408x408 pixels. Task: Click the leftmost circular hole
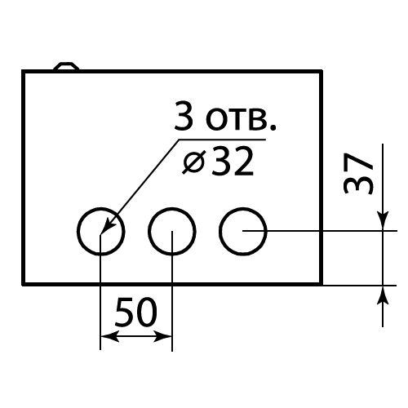[78, 232]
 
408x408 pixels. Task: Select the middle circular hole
[149, 232]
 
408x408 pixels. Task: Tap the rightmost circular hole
[220, 232]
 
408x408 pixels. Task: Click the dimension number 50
[136, 312]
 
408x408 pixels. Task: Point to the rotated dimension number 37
[358, 174]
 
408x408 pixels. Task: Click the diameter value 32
[232, 162]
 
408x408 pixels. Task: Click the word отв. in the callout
[241, 119]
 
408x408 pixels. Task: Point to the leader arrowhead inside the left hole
[108, 225]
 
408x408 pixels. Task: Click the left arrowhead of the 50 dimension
[110, 336]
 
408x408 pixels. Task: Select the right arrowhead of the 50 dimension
[162, 336]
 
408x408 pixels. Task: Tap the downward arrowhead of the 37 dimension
[383, 221]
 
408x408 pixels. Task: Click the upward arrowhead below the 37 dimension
[383, 295]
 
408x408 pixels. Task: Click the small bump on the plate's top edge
[66, 66]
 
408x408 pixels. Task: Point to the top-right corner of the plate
[322, 71]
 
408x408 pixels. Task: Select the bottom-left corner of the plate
[24, 284]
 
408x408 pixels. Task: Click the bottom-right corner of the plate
[322, 284]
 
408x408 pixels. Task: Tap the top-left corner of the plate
[24, 71]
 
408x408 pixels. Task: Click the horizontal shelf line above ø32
[222, 140]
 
